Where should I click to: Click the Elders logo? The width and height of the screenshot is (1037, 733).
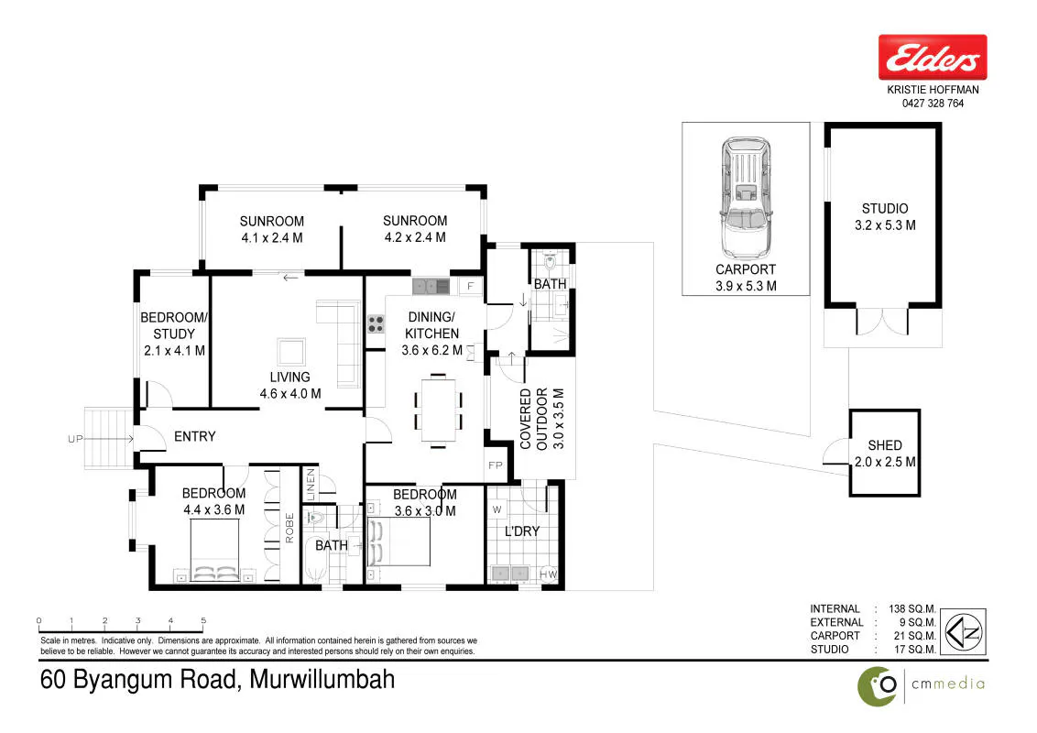(x=933, y=57)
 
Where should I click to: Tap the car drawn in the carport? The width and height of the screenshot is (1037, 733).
(x=746, y=198)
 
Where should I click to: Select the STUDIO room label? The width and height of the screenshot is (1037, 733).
(x=885, y=208)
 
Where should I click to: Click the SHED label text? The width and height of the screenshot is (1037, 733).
(x=885, y=445)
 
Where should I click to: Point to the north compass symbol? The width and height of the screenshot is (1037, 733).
(x=963, y=632)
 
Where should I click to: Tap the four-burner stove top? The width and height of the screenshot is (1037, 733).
(x=376, y=323)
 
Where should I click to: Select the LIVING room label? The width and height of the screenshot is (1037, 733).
(x=289, y=377)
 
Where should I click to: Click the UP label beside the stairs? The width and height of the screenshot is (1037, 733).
(x=75, y=439)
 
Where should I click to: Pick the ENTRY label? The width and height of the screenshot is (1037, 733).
(x=194, y=436)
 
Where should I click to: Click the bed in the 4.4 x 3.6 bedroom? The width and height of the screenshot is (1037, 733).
(x=215, y=551)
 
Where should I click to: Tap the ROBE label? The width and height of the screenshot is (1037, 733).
(x=289, y=528)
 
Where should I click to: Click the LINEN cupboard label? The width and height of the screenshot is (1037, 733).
(x=311, y=485)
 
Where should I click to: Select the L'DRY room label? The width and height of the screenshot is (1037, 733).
(x=522, y=531)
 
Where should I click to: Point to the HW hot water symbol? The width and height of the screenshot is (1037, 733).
(x=548, y=574)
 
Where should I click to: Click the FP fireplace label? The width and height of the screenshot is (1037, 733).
(x=496, y=465)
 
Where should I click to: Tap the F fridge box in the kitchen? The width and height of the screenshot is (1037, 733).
(x=470, y=286)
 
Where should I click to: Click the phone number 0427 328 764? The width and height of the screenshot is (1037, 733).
(x=933, y=104)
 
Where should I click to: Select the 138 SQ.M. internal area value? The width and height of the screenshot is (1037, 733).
(x=912, y=608)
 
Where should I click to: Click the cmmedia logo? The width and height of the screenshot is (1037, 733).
(x=922, y=685)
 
